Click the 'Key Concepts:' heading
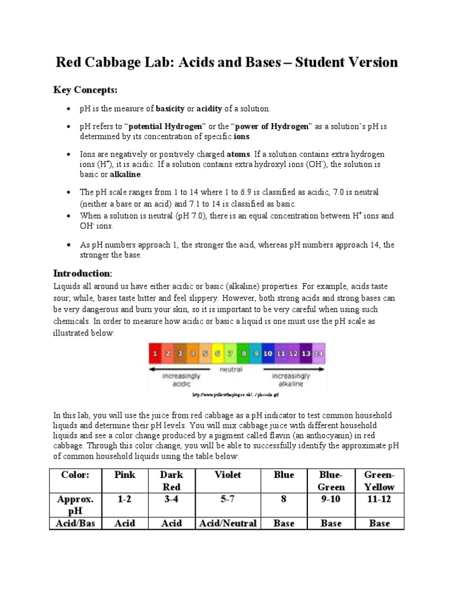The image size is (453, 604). coord(86,90)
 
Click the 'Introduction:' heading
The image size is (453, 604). coord(82,273)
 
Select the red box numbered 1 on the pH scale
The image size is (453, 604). coord(155,353)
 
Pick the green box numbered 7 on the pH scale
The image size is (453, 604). coord(217,353)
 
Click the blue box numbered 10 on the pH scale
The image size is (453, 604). coord(267,353)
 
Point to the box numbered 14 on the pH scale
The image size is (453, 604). coord(319,353)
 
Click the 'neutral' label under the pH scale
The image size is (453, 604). coord(231,369)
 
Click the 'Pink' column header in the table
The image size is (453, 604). coord(125,475)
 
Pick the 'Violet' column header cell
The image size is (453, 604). coord(228,475)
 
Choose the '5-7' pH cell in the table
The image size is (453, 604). coord(228,499)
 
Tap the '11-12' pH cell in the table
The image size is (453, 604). coord(379,499)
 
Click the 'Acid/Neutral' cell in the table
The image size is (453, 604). coord(228,523)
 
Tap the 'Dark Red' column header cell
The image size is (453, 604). coord(172,481)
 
